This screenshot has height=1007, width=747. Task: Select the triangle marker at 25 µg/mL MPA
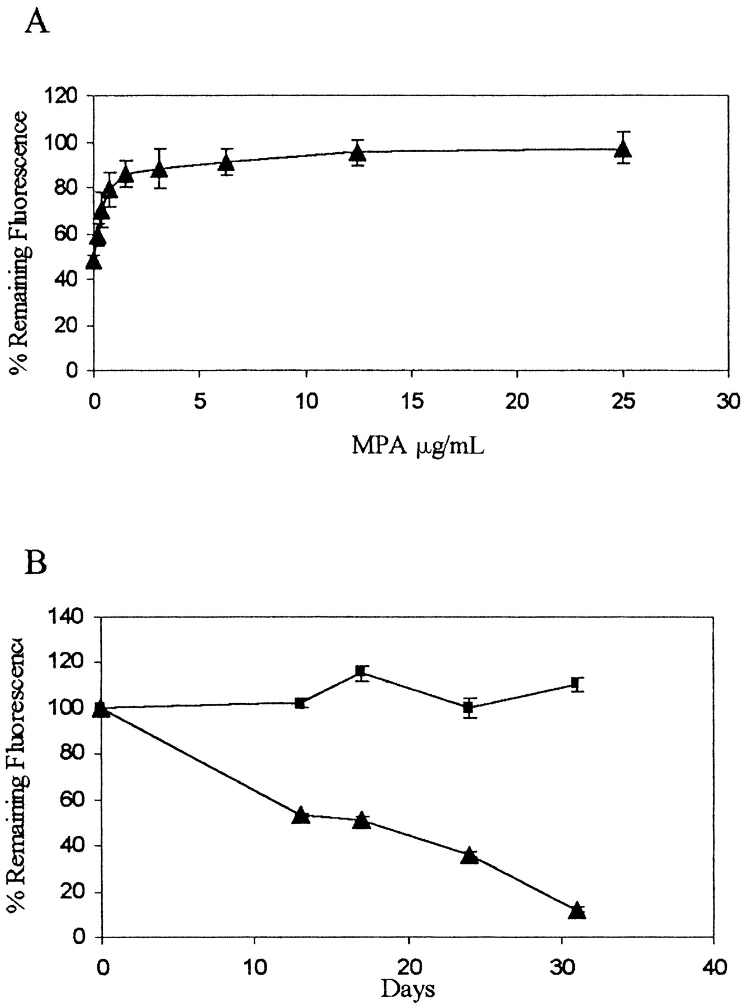coord(623,149)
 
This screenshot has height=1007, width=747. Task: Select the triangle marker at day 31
coord(577,911)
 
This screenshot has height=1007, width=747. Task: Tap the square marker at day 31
coord(575,683)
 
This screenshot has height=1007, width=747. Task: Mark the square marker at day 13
coord(300,703)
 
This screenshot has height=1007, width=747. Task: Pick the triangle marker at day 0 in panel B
coord(101,709)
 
